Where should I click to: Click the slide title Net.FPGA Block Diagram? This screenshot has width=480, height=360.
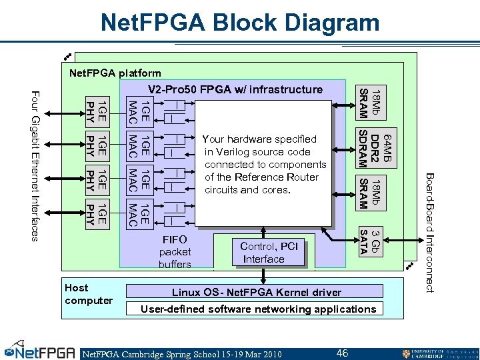pos(239,23)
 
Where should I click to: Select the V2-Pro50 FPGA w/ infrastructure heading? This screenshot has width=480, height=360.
pos(235,89)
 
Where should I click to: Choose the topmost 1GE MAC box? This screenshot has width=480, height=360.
pos(137,109)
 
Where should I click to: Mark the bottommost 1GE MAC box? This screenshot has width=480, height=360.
pos(137,213)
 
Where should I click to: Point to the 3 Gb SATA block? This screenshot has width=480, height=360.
pos(369,241)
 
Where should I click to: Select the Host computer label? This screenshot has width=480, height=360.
pos(88,294)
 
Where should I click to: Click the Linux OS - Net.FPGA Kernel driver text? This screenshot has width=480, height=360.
pos(256,292)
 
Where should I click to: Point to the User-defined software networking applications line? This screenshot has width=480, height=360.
pos(258,309)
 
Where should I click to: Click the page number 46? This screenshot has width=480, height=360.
pos(342,353)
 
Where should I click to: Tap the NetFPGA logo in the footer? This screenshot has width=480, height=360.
pos(40,351)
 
